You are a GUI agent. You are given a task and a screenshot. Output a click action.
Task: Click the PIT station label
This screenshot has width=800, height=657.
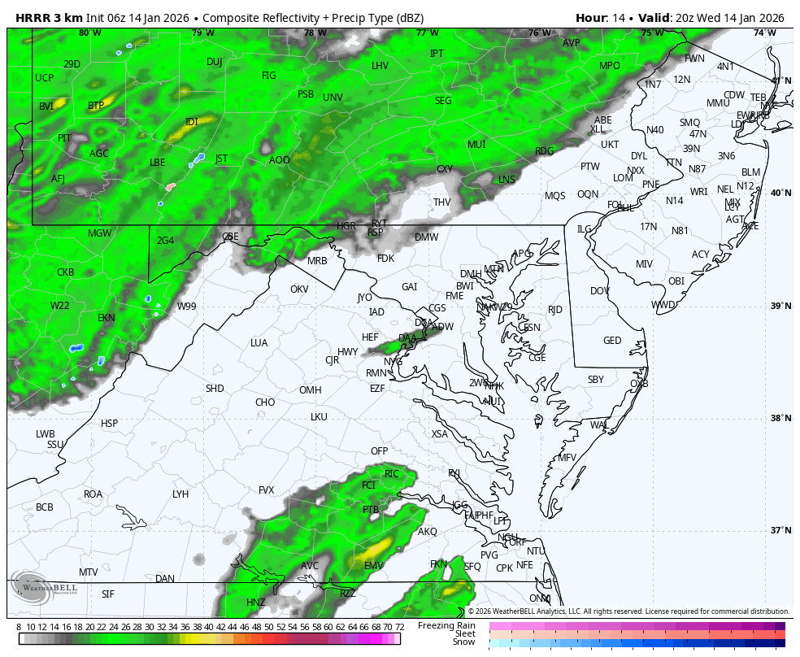coord(65,138)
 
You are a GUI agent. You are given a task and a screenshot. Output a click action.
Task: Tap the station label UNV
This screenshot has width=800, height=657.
coord(333,98)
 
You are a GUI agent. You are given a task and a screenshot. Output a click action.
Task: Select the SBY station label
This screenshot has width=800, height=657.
coord(596,380)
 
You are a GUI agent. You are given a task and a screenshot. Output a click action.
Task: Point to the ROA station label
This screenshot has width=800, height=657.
coord(93,494)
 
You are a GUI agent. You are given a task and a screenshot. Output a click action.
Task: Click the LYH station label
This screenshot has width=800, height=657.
coord(180,494)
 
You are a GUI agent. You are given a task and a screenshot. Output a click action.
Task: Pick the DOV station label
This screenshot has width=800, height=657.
coord(600,291)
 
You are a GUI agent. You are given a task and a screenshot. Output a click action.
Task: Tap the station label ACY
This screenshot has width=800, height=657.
coord(701,255)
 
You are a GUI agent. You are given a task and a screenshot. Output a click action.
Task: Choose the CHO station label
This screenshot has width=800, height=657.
coord(265,402)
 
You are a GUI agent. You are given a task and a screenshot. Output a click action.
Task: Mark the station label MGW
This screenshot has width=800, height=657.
coord(100,233)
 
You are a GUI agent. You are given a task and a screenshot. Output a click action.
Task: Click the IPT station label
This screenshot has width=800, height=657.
coord(437,54)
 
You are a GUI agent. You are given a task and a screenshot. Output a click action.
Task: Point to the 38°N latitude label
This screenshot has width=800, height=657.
coord(780,419)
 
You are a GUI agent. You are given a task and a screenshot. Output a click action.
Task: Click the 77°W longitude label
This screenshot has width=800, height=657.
coord(427,33)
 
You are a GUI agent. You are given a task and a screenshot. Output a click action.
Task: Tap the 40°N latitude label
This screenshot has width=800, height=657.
coord(780,194)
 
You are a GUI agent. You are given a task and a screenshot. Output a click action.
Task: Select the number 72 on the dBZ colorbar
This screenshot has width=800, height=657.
coord(399,627)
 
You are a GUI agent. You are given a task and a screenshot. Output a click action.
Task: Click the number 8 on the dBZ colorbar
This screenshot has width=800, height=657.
coord(19,627)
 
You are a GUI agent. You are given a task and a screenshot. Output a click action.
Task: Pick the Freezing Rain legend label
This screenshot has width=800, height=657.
coord(446,625)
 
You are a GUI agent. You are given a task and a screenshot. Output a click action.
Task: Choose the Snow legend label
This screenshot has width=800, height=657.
coord(464,642)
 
